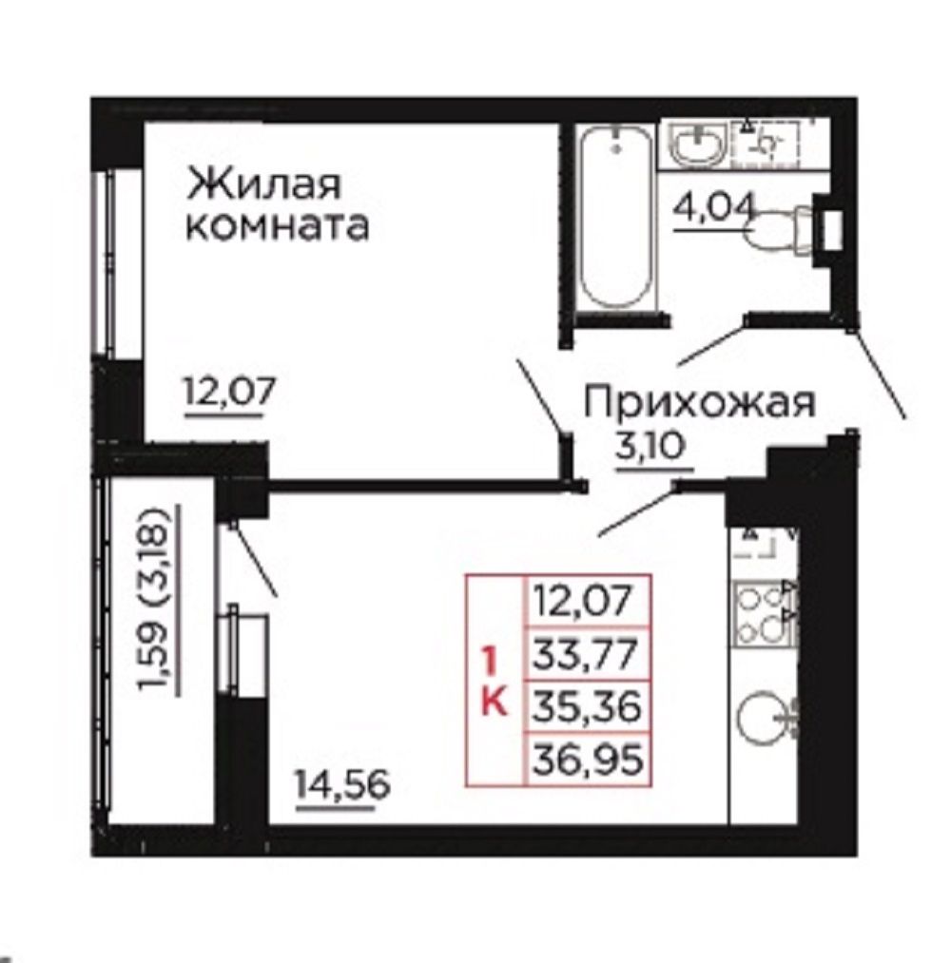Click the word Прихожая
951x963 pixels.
[699, 404]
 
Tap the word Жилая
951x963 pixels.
[263, 183]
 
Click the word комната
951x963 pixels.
[277, 225]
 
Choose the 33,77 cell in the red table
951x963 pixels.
[587, 653]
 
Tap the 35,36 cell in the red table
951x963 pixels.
[587, 706]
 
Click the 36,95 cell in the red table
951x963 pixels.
[587, 760]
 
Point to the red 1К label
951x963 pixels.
[494, 682]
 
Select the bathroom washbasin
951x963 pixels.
[697, 144]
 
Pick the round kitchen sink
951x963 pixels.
[764, 719]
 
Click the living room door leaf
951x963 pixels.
[540, 396]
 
